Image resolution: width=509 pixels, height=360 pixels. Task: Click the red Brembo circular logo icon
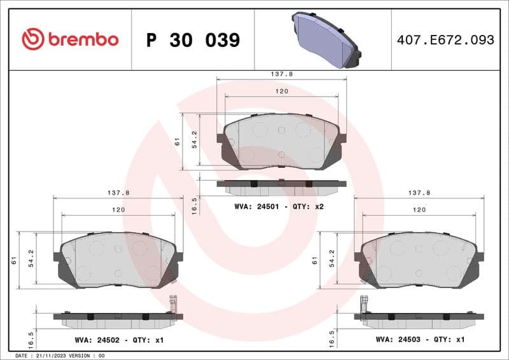pos(32,39)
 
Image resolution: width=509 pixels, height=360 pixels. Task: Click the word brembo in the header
pos(83,39)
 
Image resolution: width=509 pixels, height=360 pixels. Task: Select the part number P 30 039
pos(193,40)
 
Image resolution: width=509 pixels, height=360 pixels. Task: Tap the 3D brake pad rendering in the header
pos(325,39)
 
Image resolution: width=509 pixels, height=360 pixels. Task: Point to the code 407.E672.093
pos(445,40)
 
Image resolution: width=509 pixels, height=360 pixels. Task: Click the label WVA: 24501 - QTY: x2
pos(279,207)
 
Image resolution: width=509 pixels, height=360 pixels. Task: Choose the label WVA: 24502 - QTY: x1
pos(119,340)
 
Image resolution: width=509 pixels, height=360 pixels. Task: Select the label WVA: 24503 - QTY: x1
pos(420,340)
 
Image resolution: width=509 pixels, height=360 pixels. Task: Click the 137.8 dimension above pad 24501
pos(282,74)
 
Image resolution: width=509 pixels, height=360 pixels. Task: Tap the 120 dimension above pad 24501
pos(282,92)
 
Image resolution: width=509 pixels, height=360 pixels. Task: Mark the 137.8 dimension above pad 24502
pos(118,192)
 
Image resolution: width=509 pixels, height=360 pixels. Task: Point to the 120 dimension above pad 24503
pos(419,209)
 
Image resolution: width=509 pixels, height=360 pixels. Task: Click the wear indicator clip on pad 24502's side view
pos(172,303)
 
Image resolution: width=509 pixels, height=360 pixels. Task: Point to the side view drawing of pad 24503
pos(419,318)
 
